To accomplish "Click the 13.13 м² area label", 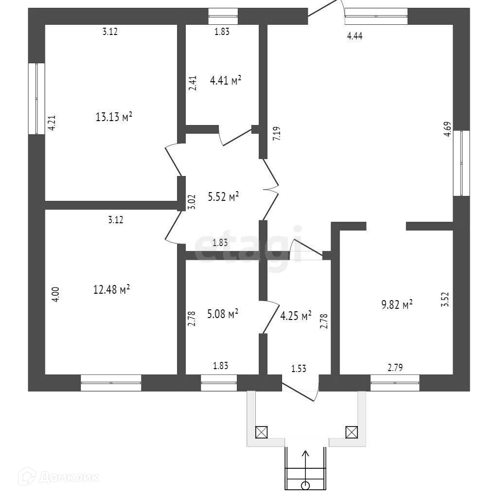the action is (x=115, y=117).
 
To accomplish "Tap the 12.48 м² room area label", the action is (x=111, y=290).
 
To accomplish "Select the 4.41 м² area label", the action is (x=226, y=80).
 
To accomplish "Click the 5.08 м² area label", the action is (x=222, y=314).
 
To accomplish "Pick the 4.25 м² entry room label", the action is (x=296, y=317).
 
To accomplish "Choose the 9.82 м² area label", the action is (x=397, y=304).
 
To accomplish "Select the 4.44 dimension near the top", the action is (x=355, y=35).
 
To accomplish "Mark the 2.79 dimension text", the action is (x=395, y=368).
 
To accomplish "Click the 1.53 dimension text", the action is (x=299, y=368).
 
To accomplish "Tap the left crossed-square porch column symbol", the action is (x=262, y=431).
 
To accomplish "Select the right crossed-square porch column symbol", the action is (x=351, y=431).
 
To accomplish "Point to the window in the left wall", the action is (x=36, y=98).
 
